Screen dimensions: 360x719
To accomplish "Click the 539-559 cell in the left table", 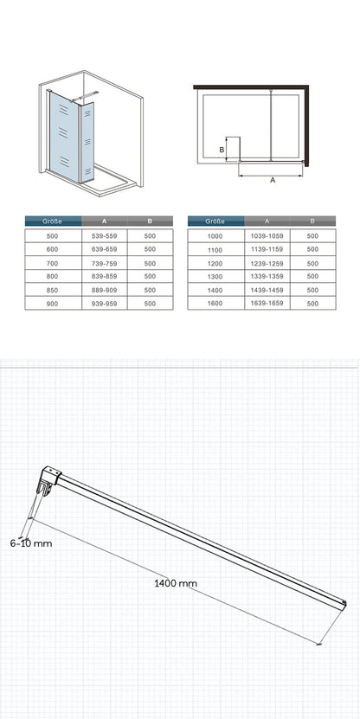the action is [105, 235].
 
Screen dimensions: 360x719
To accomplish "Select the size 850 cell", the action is [53, 290].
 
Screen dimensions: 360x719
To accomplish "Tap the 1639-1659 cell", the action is [267, 303].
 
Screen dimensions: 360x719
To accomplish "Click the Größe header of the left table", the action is [53, 221].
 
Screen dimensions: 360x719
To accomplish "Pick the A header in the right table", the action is [267, 221].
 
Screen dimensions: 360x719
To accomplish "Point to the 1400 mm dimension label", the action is [176, 583].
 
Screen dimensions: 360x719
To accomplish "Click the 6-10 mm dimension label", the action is [31, 544].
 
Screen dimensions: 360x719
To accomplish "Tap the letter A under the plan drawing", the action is [273, 180].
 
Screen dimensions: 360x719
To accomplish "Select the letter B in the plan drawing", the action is [221, 150].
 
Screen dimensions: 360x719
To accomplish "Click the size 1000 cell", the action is [216, 236].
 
